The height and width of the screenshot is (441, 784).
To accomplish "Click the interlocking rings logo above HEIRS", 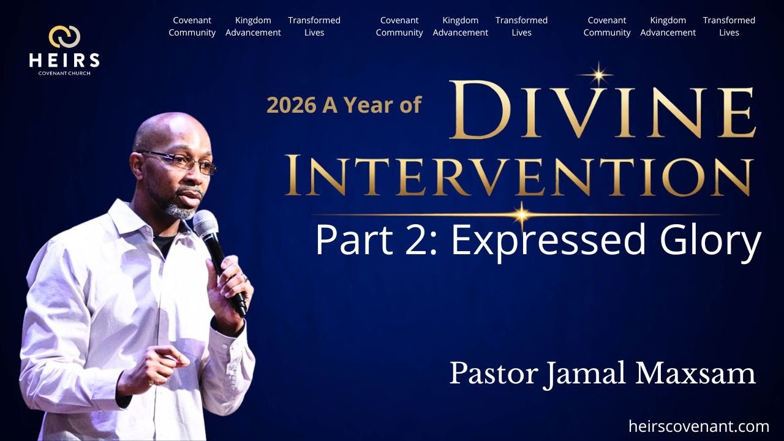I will (64, 37).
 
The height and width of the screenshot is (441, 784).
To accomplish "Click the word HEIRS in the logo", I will (64, 59).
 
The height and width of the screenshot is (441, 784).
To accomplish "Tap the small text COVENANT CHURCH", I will (64, 73).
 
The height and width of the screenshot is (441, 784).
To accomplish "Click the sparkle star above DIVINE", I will (598, 75).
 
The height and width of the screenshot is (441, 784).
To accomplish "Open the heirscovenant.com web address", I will (698, 426).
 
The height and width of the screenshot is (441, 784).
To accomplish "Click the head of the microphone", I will (206, 224).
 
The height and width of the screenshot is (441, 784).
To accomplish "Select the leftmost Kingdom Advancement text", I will (253, 26).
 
